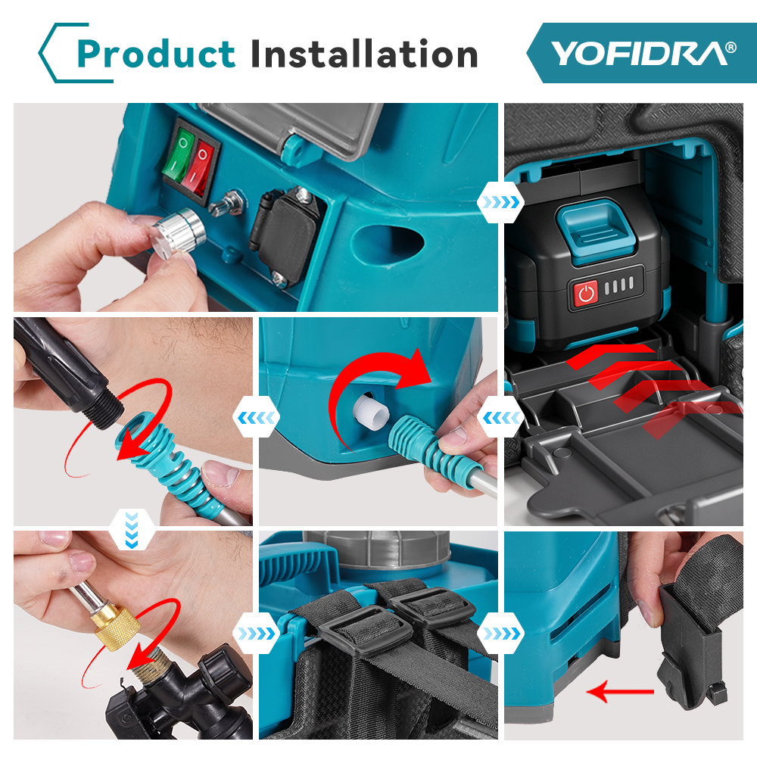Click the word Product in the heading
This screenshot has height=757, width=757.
coord(156,54)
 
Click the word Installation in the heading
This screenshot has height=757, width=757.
coord(365,53)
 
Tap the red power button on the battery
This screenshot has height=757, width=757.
coord(586,293)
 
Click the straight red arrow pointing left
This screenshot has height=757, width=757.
coord(621,692)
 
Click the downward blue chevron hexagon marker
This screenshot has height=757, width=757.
coord(132,530)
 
